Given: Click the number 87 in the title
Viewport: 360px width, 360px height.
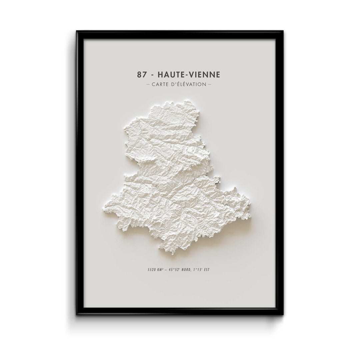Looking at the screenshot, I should click(141, 74).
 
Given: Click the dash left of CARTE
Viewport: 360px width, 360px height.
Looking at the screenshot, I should click(148, 84).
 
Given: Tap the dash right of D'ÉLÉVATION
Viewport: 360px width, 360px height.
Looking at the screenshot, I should click(210, 84).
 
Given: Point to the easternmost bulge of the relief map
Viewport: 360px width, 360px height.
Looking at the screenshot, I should click(250, 213).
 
